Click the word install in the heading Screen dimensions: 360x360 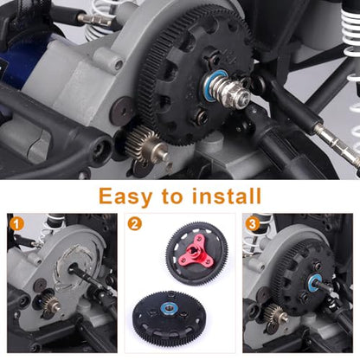(227, 196)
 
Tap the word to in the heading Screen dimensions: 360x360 (172, 196)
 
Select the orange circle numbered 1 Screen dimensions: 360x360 (16, 224)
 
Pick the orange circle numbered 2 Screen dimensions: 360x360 (134, 224)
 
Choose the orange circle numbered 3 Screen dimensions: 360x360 (253, 224)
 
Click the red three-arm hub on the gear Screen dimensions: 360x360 (198, 250)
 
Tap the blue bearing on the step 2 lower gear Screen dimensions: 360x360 (169, 308)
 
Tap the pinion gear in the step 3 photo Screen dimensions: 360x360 (274, 313)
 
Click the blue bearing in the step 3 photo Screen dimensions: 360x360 (314, 281)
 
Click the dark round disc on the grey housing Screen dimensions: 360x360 (122, 112)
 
